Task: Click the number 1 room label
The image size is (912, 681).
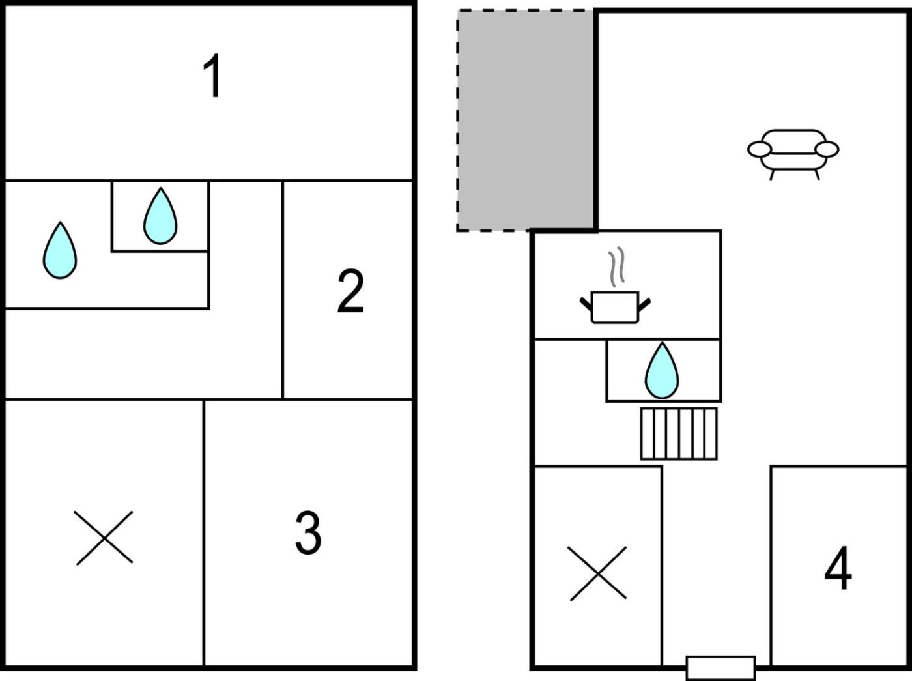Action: [212, 77]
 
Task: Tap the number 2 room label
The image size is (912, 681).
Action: [350, 291]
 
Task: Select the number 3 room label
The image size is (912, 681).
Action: [308, 532]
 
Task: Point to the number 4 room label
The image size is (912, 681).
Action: [838, 568]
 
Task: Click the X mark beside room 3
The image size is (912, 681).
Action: [104, 538]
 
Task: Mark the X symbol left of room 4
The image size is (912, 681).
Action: [598, 573]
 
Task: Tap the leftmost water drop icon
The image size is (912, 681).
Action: [60, 251]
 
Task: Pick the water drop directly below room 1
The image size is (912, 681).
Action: [160, 217]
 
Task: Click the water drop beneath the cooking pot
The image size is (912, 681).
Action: [661, 371]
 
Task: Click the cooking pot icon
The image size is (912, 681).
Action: [614, 307]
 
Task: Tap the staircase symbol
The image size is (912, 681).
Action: [679, 434]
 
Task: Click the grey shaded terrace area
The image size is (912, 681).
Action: [526, 121]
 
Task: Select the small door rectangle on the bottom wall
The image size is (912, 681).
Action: [720, 668]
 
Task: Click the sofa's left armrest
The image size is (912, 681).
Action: [759, 149]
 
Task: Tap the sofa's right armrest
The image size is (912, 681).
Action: [827, 149]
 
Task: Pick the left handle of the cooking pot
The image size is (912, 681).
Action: [586, 302]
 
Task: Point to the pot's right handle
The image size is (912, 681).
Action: [644, 302]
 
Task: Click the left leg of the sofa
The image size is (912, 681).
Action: [773, 174]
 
